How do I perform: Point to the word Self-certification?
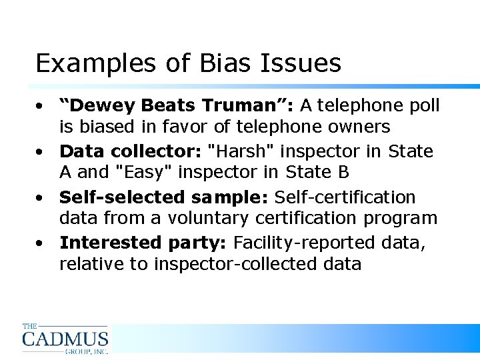click(x=345, y=197)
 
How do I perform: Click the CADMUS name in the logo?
click(x=65, y=339)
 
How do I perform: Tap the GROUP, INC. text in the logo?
click(x=86, y=351)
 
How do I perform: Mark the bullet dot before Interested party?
click(x=41, y=243)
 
